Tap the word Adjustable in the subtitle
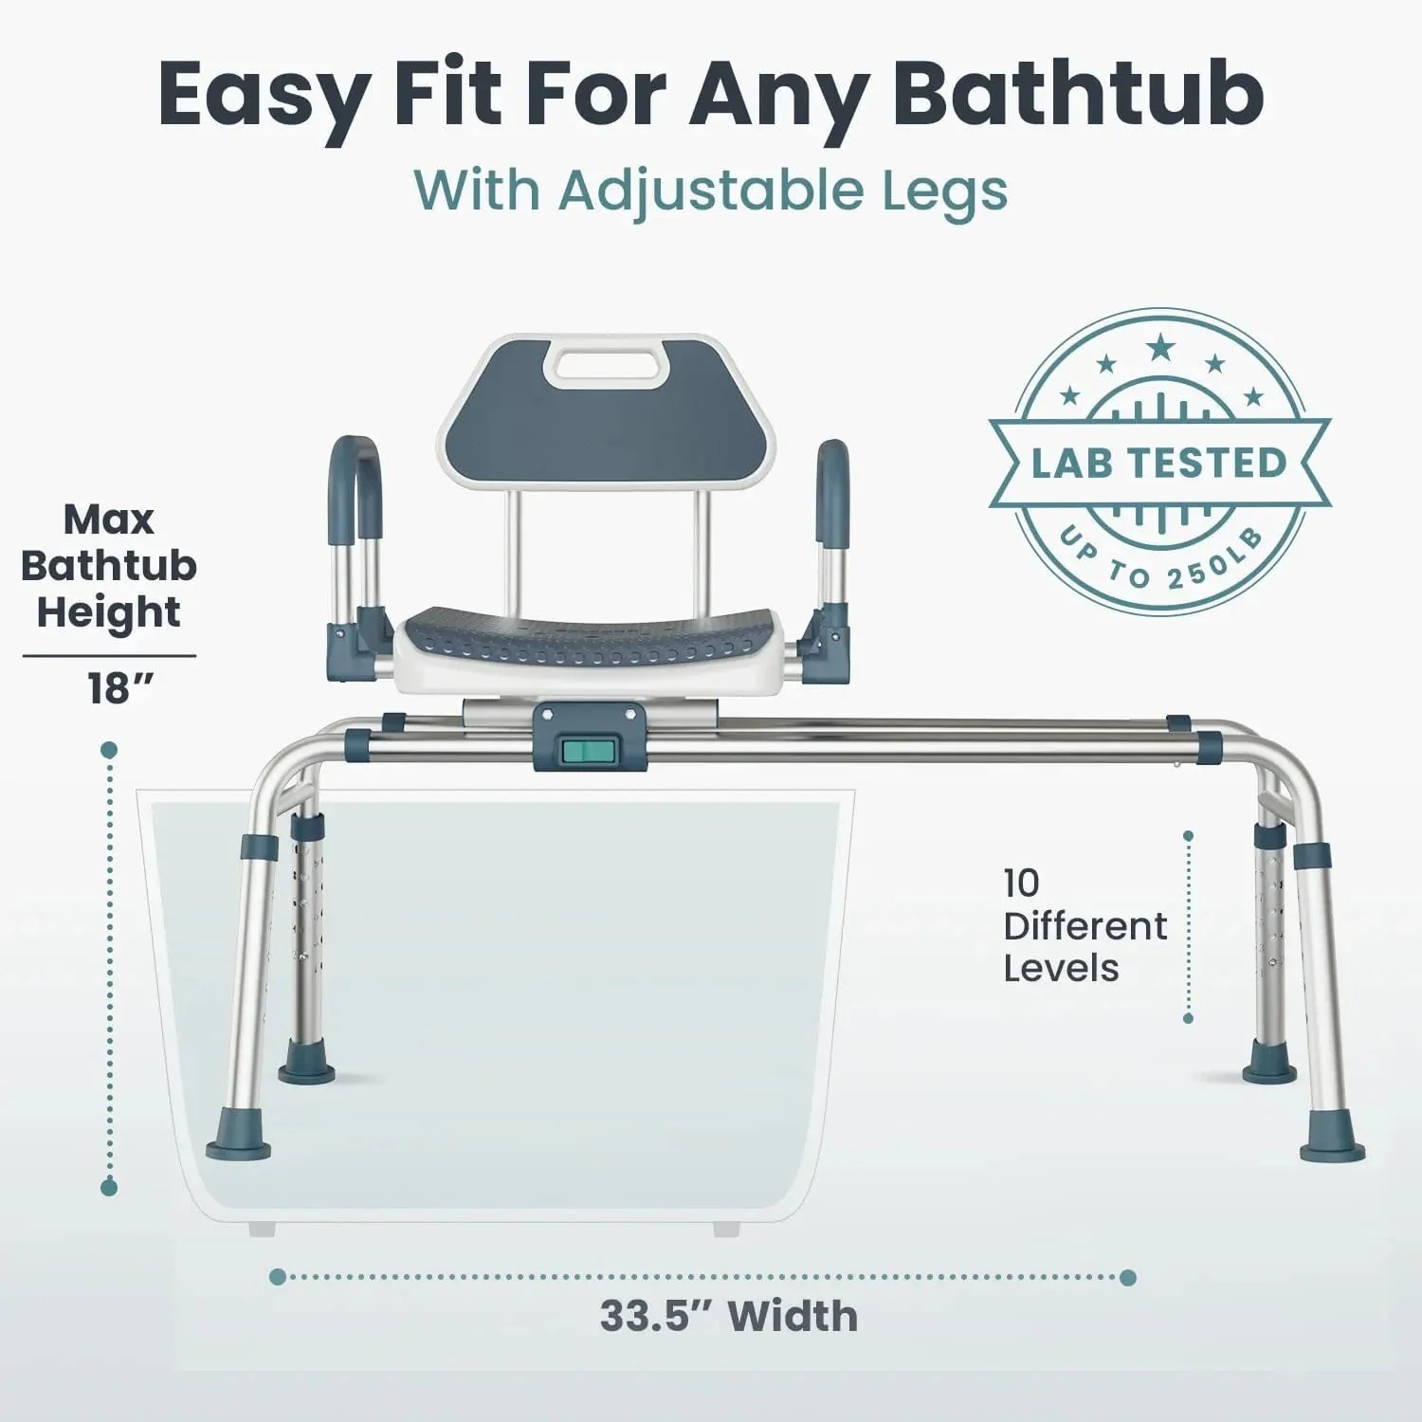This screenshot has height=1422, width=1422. click(710, 191)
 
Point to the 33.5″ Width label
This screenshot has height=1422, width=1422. click(728, 1317)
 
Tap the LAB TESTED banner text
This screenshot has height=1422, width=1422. click(1158, 463)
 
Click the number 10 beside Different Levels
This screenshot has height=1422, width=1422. click(1022, 884)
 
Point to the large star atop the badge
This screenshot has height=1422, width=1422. click(1159, 349)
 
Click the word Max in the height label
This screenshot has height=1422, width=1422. click(108, 520)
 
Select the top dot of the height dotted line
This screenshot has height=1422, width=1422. click(109, 751)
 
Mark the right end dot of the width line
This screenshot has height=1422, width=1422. click(1127, 1278)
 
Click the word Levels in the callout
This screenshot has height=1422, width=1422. click(1061, 969)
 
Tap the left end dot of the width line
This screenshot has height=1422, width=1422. click(278, 1278)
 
